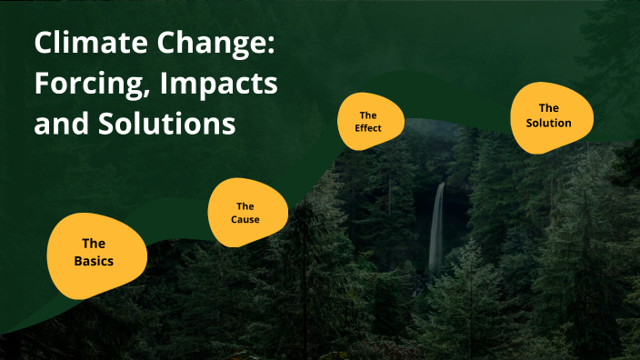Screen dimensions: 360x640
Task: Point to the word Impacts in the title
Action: tap(218, 84)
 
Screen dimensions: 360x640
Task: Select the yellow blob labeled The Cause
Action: tap(247, 213)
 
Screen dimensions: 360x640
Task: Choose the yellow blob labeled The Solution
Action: tap(551, 117)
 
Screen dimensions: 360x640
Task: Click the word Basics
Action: tap(95, 262)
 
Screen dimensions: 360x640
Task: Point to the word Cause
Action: tap(245, 220)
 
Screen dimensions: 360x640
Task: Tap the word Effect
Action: tap(368, 128)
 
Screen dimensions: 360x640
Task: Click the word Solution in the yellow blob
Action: tap(549, 123)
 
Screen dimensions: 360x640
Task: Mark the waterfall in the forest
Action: tap(437, 227)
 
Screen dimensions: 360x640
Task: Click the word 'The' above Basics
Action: tap(94, 244)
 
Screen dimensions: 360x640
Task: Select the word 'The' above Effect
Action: tap(368, 115)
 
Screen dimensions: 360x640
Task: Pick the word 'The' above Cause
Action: tap(245, 206)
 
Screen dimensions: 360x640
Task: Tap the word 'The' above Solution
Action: tap(549, 108)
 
